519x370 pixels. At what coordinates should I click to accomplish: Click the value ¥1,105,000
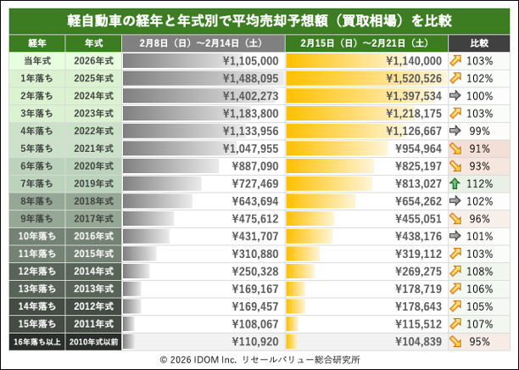pyautogui.click(x=249, y=61)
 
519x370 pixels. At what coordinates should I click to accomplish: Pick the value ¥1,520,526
pyautogui.click(x=413, y=79)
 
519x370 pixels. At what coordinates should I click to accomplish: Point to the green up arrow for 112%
pyautogui.click(x=458, y=183)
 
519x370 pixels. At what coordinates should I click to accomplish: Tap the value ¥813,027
pyautogui.click(x=416, y=183)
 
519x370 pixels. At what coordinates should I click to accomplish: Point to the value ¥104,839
pyautogui.click(x=416, y=340)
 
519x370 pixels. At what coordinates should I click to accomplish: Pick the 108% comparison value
pyautogui.click(x=486, y=271)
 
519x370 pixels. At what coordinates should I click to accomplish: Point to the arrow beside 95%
pyautogui.click(x=458, y=340)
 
